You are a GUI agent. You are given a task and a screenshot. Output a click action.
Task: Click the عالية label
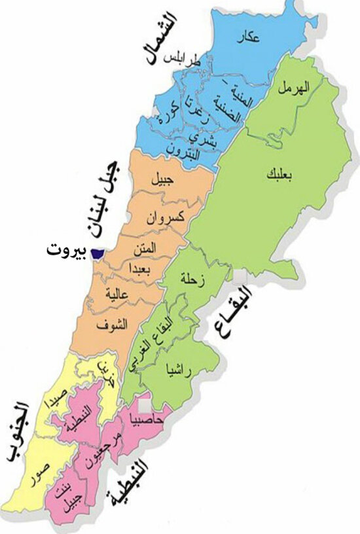[x=124, y=296]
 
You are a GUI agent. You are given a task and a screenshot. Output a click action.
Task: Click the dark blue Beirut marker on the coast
[x=99, y=251]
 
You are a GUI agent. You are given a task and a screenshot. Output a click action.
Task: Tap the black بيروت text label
[x=68, y=251]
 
